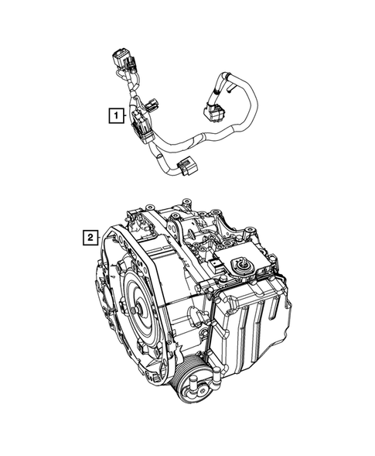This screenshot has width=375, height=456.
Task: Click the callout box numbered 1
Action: [115, 117]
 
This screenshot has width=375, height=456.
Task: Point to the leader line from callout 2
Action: [108, 234]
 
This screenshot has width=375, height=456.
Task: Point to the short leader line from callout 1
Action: [127, 118]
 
